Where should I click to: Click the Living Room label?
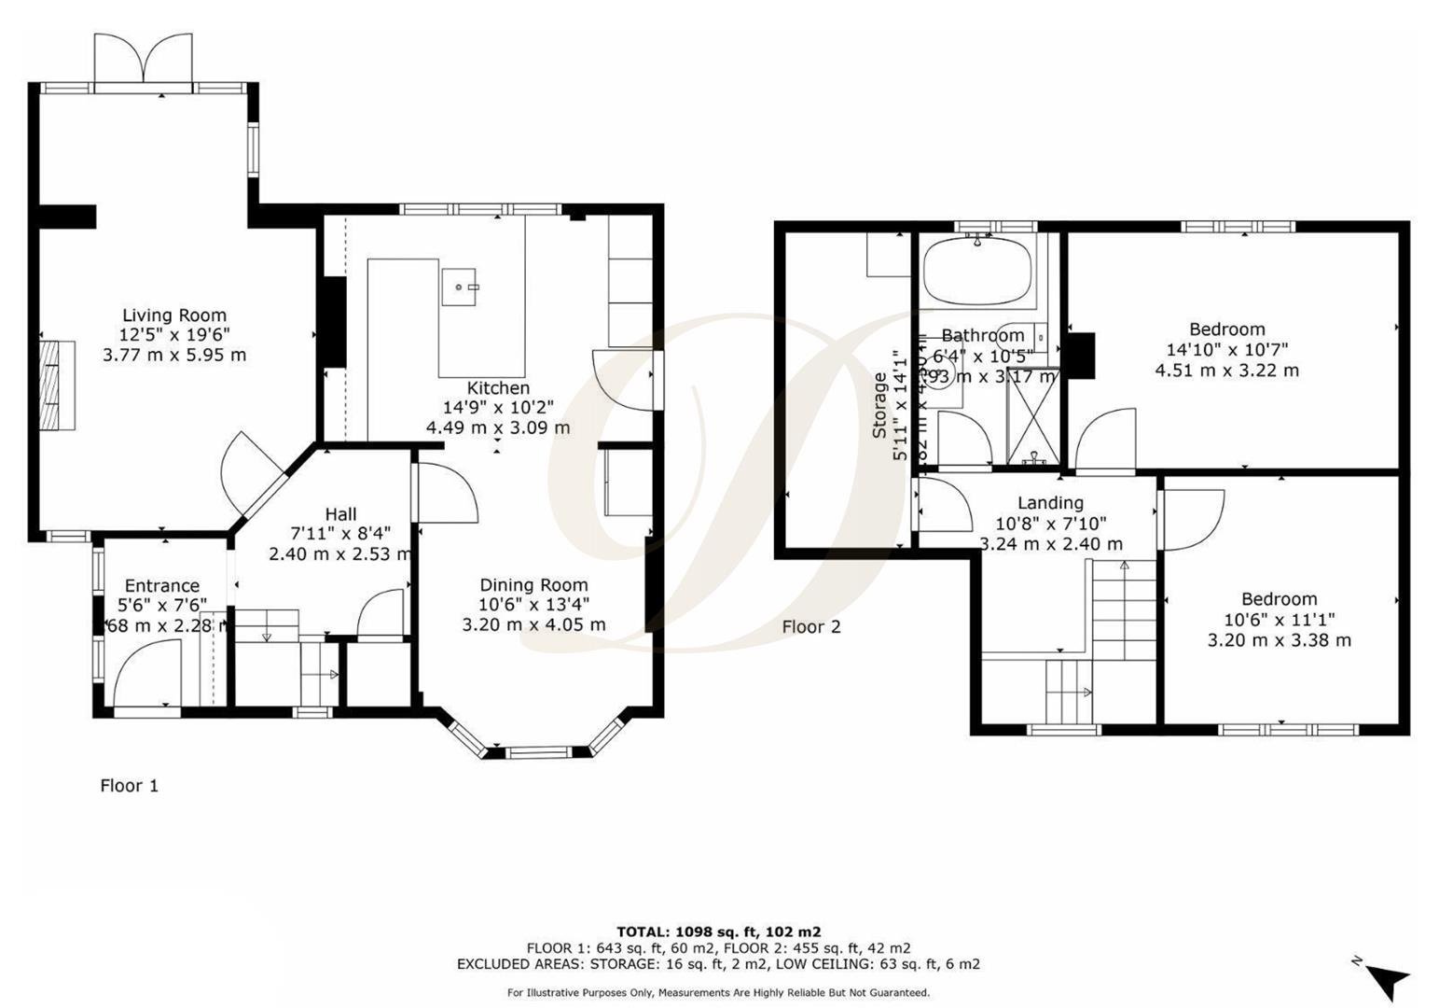(x=174, y=315)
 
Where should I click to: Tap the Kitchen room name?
(x=498, y=388)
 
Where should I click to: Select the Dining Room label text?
(x=533, y=585)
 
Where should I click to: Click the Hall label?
(x=340, y=514)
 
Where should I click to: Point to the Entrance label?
(x=162, y=586)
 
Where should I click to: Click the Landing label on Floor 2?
(x=1050, y=503)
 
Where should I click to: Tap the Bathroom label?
(x=982, y=336)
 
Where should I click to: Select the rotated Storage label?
(x=879, y=406)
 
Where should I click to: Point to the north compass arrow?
(x=1388, y=980)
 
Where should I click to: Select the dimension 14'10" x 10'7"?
(x=1226, y=350)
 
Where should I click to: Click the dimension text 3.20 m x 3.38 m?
(x=1279, y=640)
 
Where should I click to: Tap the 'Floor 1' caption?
(x=129, y=786)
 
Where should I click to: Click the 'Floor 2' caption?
(x=810, y=627)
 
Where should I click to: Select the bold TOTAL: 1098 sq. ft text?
(x=718, y=931)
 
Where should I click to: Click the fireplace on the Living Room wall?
(x=57, y=385)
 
